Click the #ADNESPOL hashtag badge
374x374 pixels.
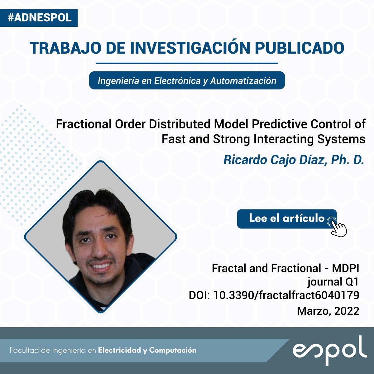[39, 18]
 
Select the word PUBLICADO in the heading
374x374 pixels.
[300, 48]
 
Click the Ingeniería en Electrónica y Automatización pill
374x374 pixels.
[187, 80]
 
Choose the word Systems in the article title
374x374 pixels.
[341, 139]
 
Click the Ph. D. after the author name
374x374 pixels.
[348, 160]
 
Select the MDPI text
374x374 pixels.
[345, 268]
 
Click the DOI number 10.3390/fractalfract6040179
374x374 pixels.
[286, 295]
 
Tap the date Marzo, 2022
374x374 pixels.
[328, 311]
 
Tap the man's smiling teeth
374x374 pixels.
[101, 266]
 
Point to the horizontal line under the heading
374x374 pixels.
[187, 63]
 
